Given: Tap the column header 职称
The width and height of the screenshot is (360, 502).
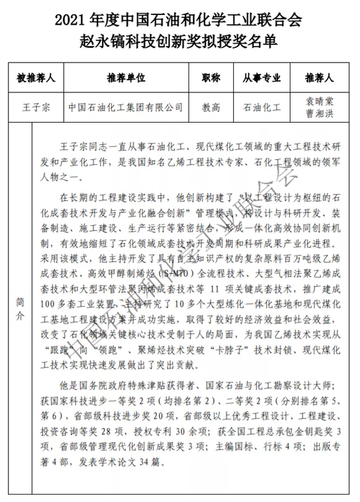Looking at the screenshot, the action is tap(211, 77).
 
